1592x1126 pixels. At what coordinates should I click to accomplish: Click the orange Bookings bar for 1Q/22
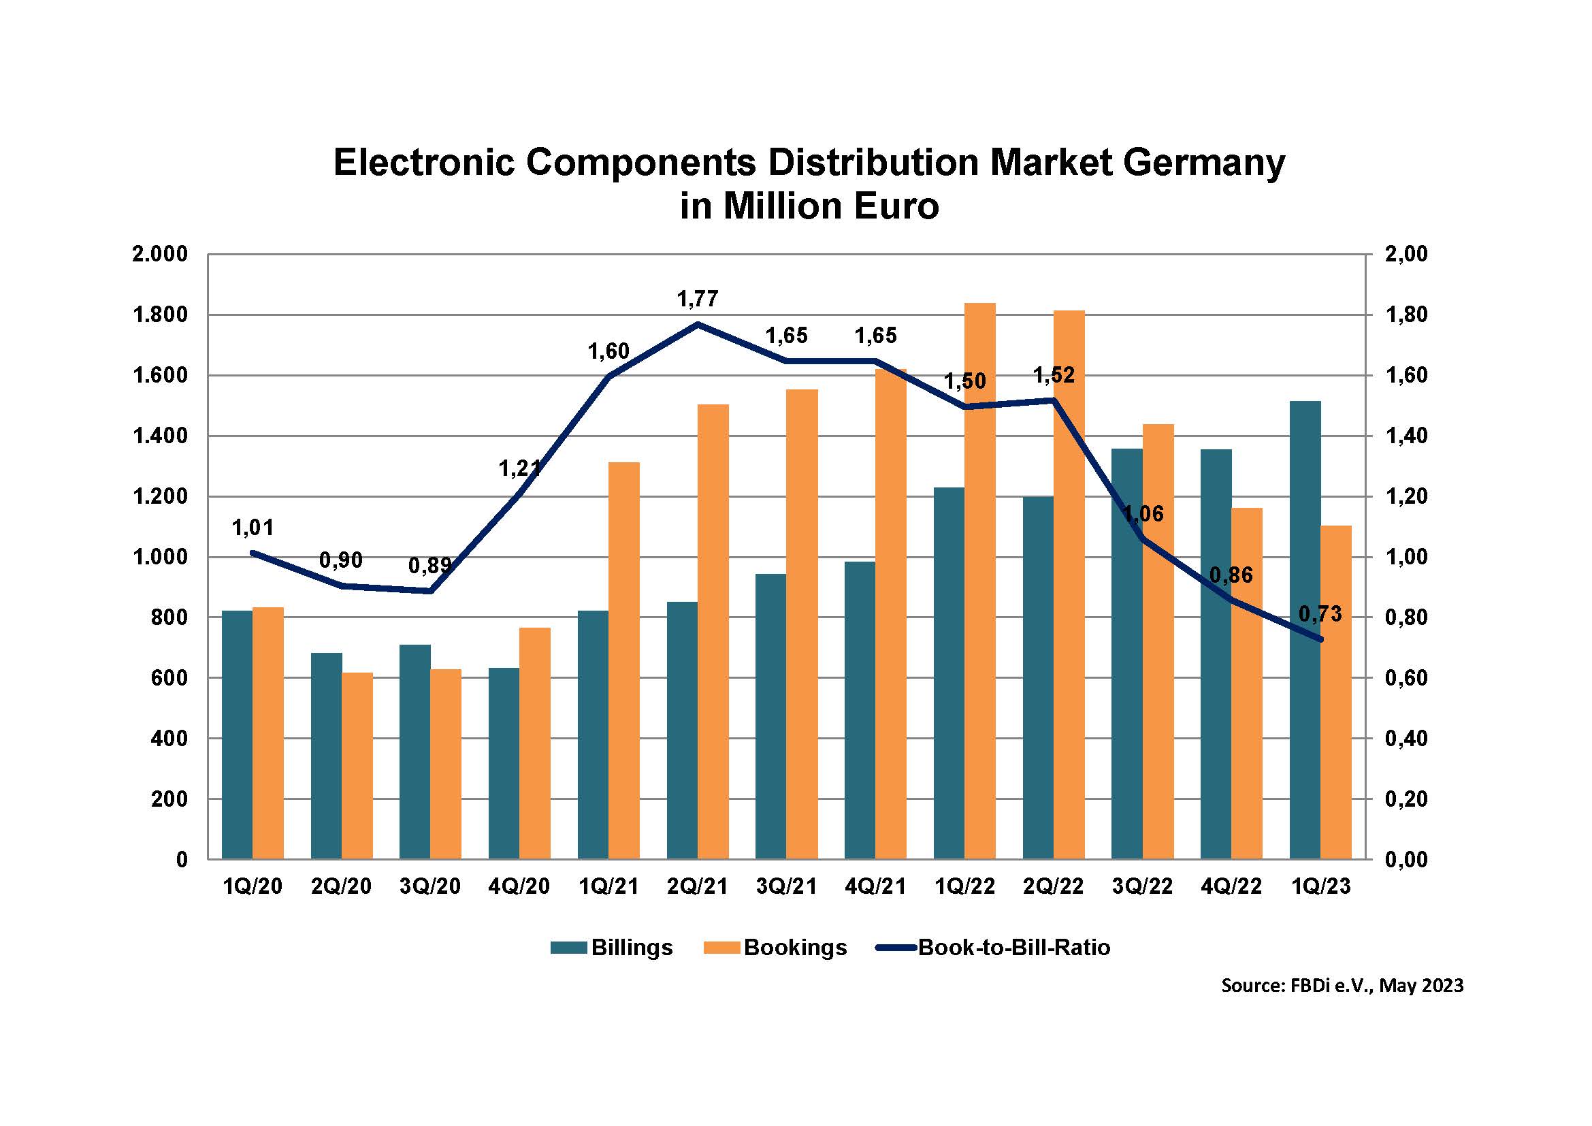tap(979, 583)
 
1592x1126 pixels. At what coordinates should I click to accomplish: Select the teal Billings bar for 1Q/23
tap(1305, 631)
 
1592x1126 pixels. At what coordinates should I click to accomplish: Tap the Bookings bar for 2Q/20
tap(357, 766)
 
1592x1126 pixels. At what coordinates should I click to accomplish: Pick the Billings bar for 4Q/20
tap(504, 762)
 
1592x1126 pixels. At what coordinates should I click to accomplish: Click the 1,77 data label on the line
tap(698, 299)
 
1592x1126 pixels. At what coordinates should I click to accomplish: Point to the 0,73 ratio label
tap(1320, 613)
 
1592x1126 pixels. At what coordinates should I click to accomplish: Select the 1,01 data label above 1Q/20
tap(253, 528)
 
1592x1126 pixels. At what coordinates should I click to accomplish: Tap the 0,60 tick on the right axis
tap(1406, 678)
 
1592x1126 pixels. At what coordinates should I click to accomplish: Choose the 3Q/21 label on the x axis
tap(786, 886)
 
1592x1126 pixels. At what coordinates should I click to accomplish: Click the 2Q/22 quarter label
tap(1053, 886)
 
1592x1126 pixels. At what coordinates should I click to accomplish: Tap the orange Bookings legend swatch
tap(721, 948)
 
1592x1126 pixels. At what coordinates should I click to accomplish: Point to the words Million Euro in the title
tap(830, 206)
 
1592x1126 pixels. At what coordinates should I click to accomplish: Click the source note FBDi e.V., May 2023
tap(1342, 985)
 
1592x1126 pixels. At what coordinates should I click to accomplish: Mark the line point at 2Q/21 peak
tap(698, 324)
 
